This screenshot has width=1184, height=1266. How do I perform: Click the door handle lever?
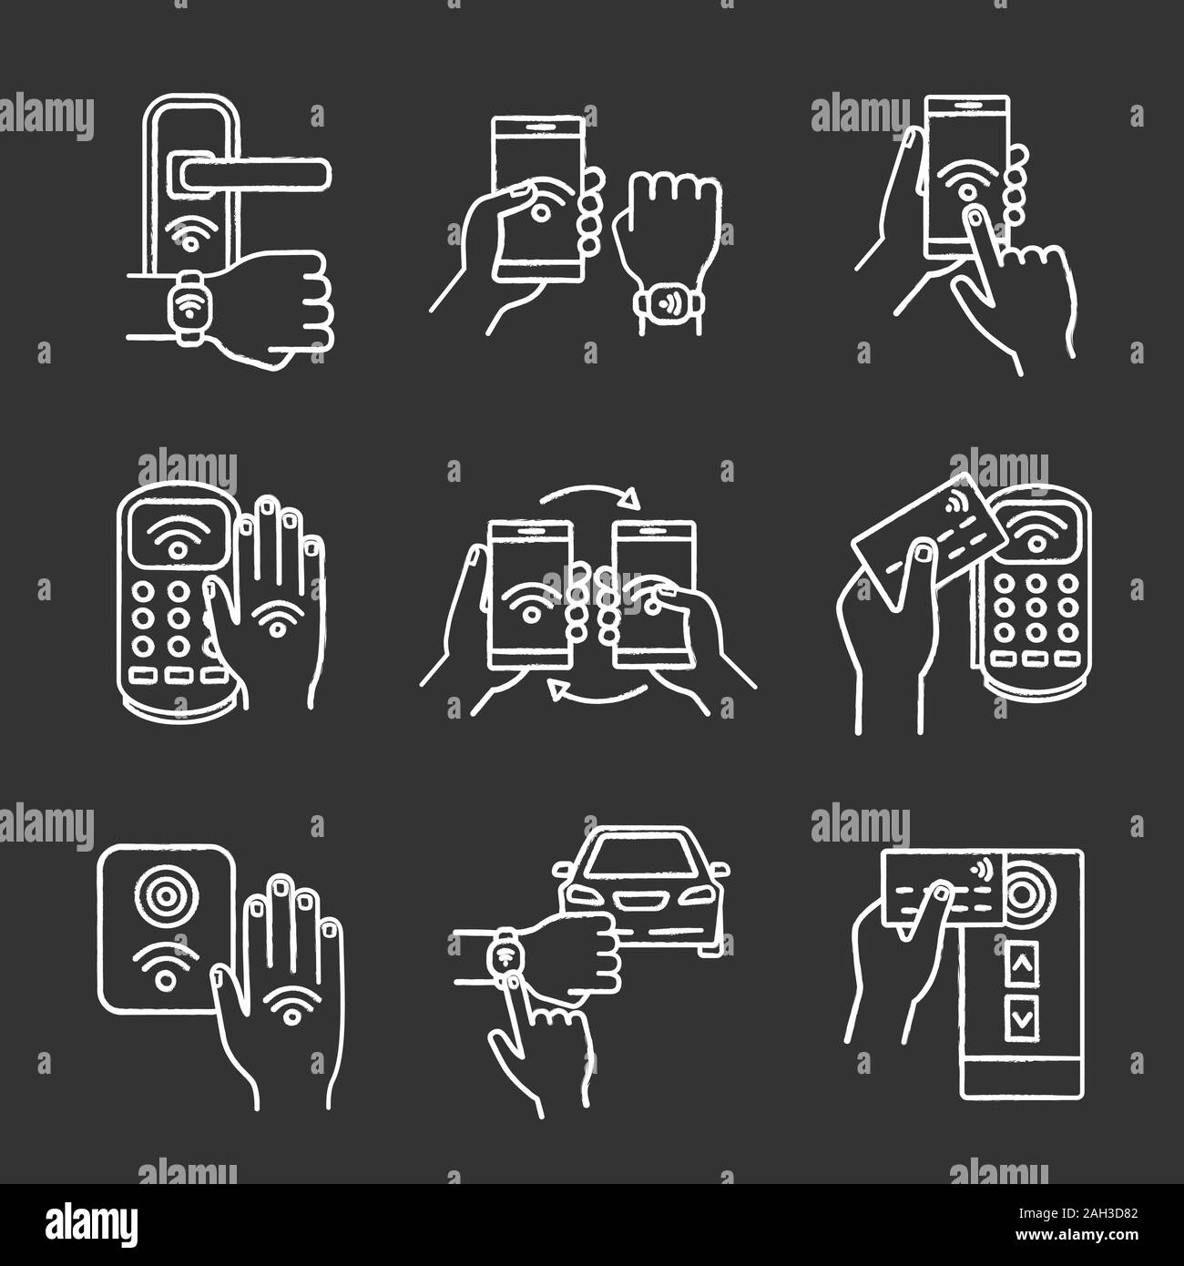pos(256,173)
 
